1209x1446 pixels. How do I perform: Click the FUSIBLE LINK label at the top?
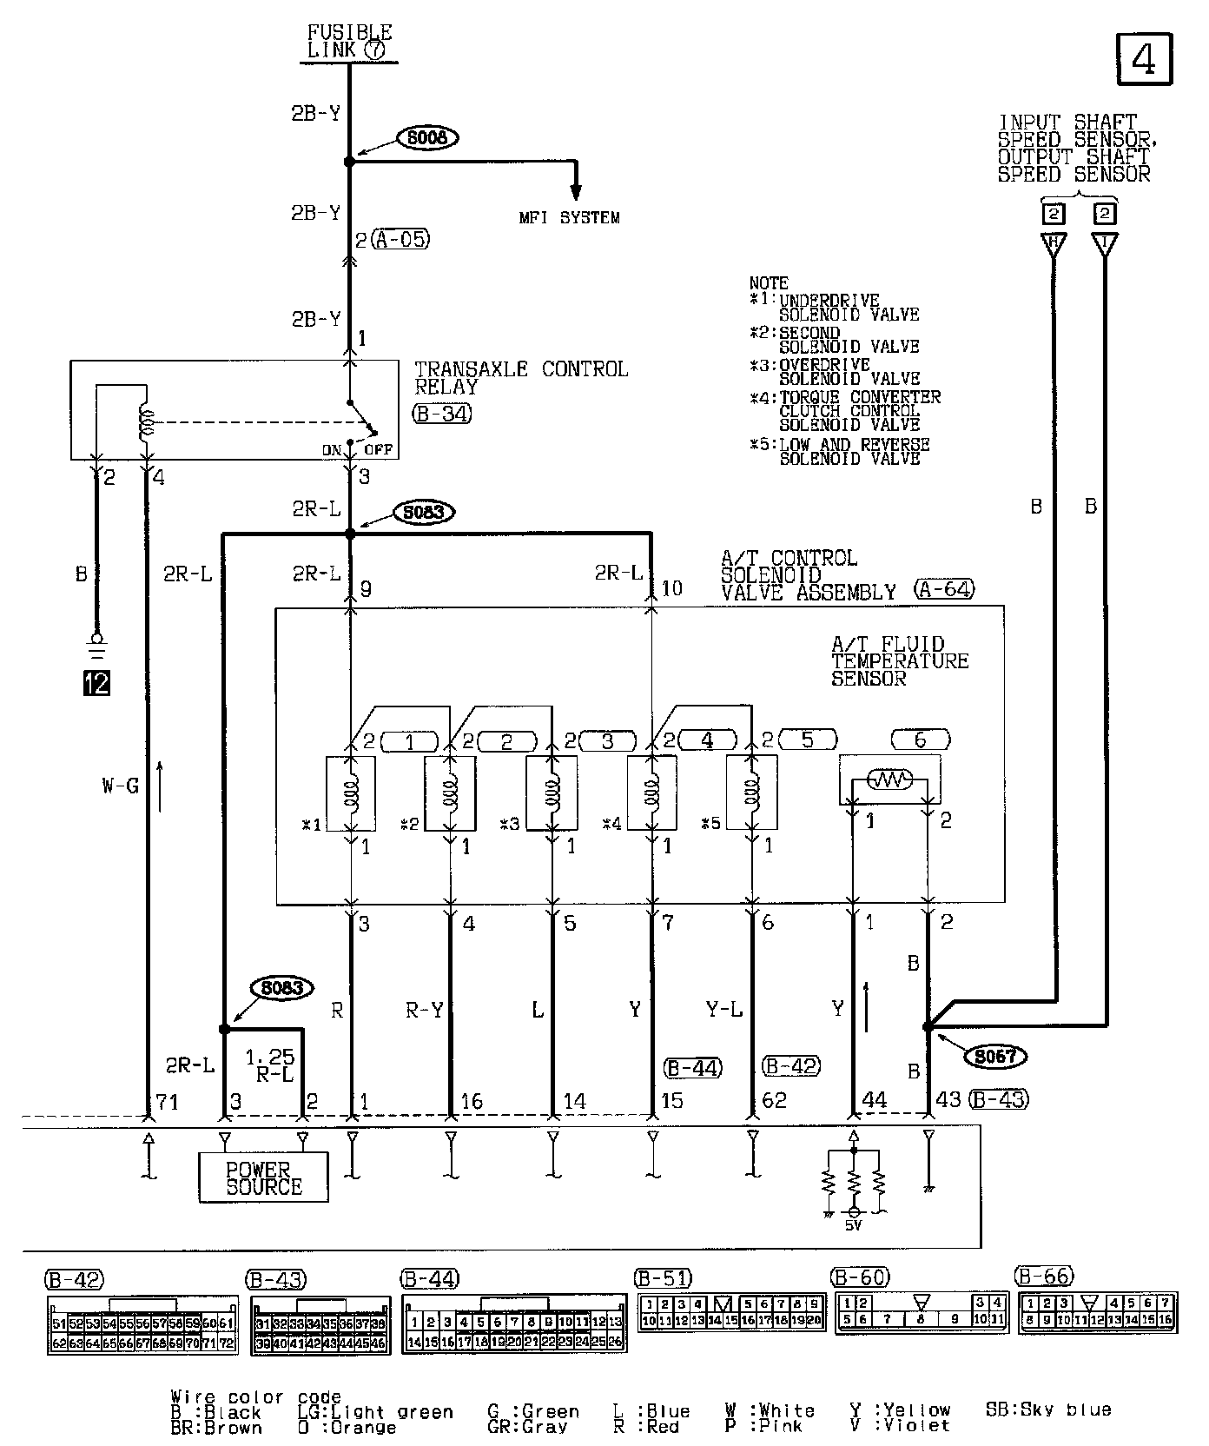pos(350,42)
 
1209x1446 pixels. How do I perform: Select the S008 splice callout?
pos(427,137)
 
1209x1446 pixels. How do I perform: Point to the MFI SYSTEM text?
pos(569,217)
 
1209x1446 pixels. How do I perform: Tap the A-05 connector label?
pos(400,239)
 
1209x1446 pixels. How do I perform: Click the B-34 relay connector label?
pos(442,414)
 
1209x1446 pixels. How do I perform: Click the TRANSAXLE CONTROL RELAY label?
pos(520,378)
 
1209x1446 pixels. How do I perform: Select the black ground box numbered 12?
pos(97,684)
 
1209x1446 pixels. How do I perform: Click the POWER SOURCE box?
pos(264,1177)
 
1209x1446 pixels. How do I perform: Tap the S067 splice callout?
pos(995,1056)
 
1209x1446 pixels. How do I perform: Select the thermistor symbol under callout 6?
pos(891,781)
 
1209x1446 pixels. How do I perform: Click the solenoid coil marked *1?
pos(351,793)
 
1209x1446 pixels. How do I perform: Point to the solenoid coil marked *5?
pos(752,793)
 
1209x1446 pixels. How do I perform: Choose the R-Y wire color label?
pos(424,1010)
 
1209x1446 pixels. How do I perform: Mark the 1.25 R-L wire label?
pos(271,1065)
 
